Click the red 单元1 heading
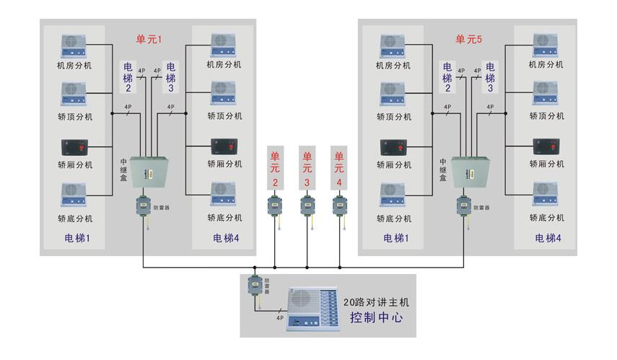[152, 39]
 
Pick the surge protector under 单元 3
[307, 206]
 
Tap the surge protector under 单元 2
[275, 206]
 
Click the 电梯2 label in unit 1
[128, 77]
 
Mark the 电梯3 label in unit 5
[490, 77]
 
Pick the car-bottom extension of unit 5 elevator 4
[546, 194]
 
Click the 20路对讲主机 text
[376, 302]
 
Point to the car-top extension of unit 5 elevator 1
[393, 95]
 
